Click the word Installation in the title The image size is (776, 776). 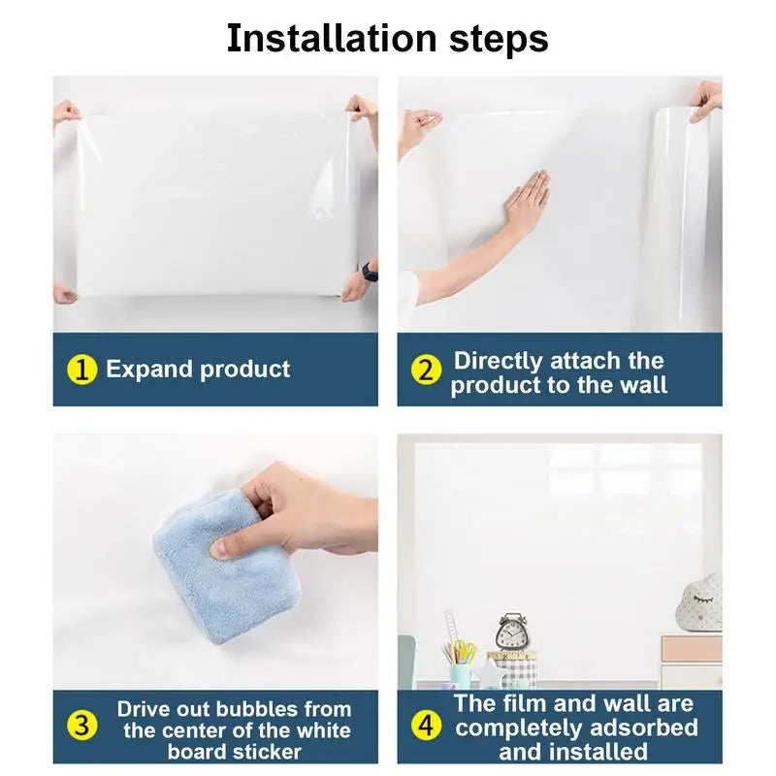pos(332,38)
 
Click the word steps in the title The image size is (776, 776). pos(499,41)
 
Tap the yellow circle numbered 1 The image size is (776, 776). pos(81,370)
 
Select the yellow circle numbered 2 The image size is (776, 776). pos(426,370)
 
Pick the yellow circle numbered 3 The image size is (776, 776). pos(81,726)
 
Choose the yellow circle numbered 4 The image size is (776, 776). pos(426,726)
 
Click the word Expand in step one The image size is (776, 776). pos(149,370)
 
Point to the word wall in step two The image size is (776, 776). pos(644,384)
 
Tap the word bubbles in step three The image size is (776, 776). pos(265,709)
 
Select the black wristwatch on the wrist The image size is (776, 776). pos(370,272)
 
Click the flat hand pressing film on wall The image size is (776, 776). pos(526,202)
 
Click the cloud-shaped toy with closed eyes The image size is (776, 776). pos(699,602)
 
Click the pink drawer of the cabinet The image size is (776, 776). pos(692,649)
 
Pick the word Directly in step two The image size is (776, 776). pos(499,361)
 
